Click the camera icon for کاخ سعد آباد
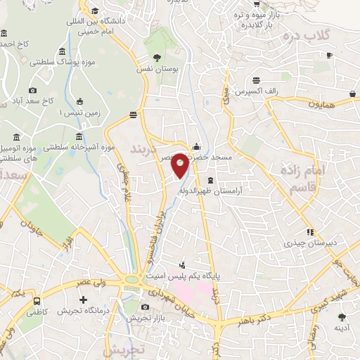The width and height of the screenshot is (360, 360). coord(32,90)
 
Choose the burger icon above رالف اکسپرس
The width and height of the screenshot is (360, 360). coord(258,79)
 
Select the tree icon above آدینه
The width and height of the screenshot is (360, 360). coord(341,315)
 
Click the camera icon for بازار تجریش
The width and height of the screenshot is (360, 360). coord(145,307)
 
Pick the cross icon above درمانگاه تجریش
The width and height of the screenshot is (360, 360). coord(83,300)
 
